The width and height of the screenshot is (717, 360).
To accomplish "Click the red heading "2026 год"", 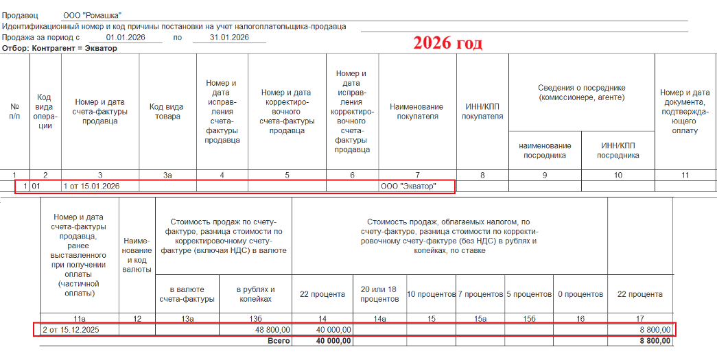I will (447, 43).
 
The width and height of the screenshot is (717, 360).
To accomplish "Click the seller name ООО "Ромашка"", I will (92, 15).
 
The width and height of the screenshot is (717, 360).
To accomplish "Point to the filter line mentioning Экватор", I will (60, 48).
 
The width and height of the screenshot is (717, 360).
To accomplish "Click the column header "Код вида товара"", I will (167, 112).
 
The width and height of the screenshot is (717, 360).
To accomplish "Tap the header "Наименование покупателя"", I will (416, 112).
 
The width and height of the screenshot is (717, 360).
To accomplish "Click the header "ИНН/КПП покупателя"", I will (482, 112).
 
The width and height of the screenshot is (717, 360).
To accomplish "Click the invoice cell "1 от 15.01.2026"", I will (91, 186).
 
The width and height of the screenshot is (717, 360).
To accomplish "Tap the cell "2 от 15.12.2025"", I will (70, 330).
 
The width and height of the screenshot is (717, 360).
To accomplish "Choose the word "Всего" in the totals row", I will (277, 341).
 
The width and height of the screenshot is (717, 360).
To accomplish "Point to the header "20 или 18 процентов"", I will (379, 294).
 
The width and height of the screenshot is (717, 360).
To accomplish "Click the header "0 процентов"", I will (580, 294).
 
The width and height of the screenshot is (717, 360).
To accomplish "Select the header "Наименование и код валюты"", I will (137, 251).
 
